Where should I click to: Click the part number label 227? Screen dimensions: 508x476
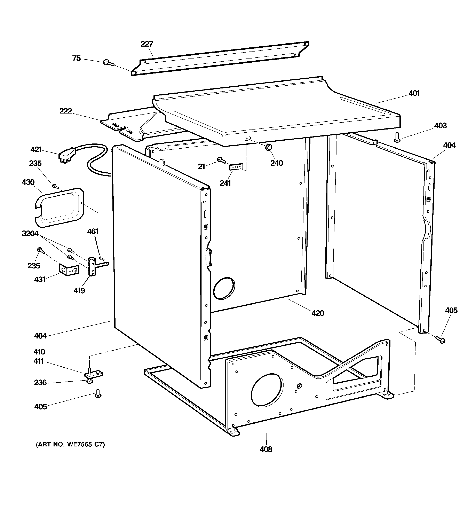pyautogui.click(x=147, y=44)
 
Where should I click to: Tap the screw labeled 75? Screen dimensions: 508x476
pyautogui.click(x=108, y=63)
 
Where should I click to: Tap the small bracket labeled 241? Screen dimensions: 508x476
pyautogui.click(x=236, y=167)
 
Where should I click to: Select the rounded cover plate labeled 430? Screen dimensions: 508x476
pyautogui.click(x=59, y=208)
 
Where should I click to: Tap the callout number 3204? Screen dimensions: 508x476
pyautogui.click(x=30, y=234)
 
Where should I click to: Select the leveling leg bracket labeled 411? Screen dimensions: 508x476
pyautogui.click(x=94, y=374)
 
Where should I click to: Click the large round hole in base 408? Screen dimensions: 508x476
pyautogui.click(x=267, y=390)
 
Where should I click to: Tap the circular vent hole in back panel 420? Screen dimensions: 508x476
pyautogui.click(x=224, y=288)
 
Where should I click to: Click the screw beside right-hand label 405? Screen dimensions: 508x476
pyautogui.click(x=440, y=340)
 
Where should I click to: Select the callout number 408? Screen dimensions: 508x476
pyautogui.click(x=266, y=449)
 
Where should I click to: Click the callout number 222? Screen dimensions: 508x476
pyautogui.click(x=66, y=111)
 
